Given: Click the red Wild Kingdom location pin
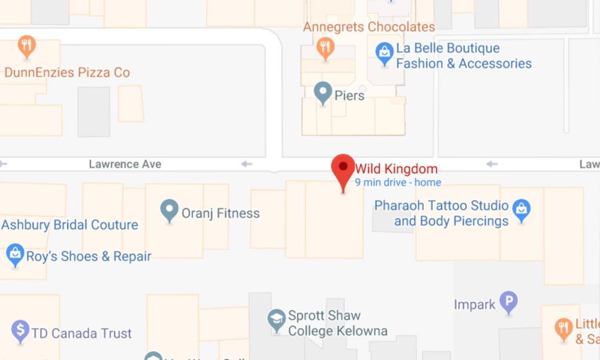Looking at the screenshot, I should click(343, 168).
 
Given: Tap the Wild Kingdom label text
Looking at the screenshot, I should click(396, 169).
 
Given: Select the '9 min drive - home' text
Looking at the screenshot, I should click(398, 183).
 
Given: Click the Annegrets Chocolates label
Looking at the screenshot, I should click(369, 27).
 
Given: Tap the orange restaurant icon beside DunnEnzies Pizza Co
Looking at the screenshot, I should click(26, 46).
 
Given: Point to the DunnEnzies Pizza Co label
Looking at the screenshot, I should click(67, 72).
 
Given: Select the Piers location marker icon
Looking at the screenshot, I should click(322, 92).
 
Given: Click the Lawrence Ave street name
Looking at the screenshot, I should click(125, 164).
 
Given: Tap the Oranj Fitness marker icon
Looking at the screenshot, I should click(169, 210).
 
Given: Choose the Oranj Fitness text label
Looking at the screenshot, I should click(220, 213).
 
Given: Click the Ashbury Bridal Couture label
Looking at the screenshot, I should click(69, 225).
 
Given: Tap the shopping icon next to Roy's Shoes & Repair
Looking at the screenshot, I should click(14, 253).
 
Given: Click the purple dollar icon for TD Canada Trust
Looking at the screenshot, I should click(20, 330).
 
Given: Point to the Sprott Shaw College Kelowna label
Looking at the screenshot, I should click(337, 323).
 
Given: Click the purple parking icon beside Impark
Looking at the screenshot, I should click(509, 301).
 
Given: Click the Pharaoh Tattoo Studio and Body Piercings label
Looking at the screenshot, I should click(451, 214).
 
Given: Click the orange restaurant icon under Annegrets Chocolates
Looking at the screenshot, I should click(325, 47).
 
